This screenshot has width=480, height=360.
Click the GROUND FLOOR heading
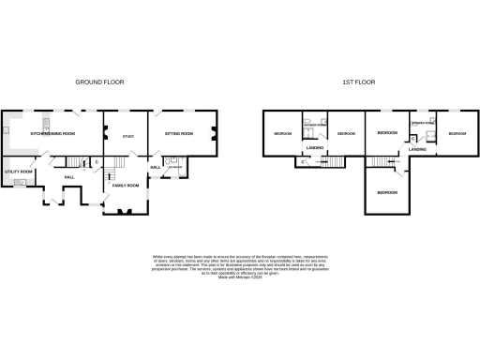coord(99,82)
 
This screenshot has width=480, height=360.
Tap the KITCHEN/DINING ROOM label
coord(52,134)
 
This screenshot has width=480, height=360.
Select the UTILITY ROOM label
coord(20,172)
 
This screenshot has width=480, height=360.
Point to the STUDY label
coord(127,137)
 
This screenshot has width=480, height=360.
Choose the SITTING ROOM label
coord(179,134)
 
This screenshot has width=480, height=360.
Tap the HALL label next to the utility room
coord(69,176)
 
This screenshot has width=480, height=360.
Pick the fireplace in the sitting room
coord(215,134)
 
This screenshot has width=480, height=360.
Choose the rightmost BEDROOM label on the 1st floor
coord(457,134)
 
